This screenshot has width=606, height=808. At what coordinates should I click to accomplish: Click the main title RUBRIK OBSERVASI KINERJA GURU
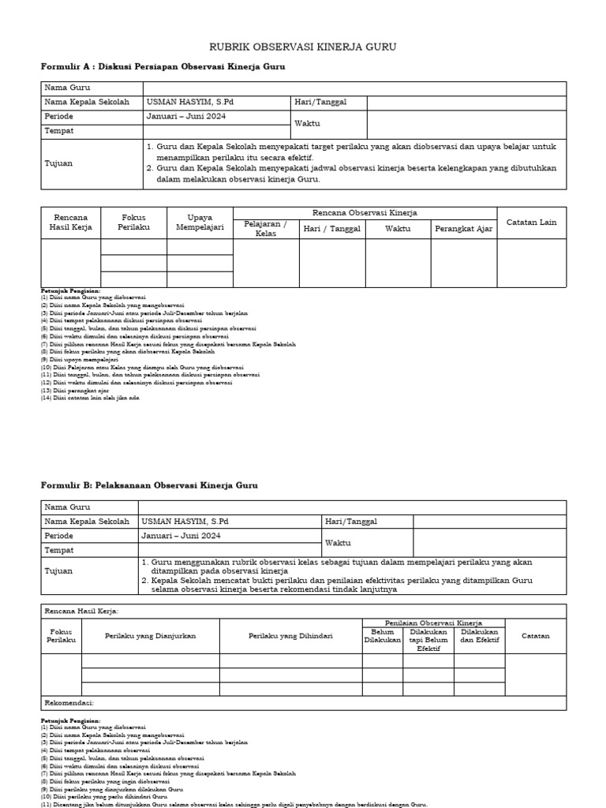[x=302, y=47]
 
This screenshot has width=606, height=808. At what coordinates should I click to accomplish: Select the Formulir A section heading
[x=163, y=66]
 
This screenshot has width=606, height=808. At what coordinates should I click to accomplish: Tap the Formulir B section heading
[x=149, y=485]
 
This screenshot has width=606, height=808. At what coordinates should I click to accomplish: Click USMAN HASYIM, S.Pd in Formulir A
[x=179, y=102]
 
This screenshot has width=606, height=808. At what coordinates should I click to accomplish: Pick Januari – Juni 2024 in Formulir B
[x=181, y=535]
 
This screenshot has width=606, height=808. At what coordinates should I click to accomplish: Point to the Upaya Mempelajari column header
[x=200, y=222]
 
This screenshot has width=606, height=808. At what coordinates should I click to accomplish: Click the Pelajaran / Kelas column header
[x=266, y=229]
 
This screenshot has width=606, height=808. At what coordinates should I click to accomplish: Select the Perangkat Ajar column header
[x=463, y=230]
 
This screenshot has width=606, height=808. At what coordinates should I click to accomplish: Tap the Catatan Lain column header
[x=531, y=223]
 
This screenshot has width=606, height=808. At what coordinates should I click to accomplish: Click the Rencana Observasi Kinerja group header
[x=365, y=213]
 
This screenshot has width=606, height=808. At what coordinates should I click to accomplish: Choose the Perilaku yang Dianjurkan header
[x=150, y=636]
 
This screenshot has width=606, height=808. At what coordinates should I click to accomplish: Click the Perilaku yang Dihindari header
[x=290, y=636]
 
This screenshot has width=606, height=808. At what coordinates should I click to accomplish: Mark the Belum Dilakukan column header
[x=382, y=636]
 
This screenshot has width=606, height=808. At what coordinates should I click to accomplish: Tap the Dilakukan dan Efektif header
[x=480, y=636]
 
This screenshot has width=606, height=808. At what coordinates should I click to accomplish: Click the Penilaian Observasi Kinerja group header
[x=433, y=623]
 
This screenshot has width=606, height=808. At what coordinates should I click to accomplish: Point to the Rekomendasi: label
[x=69, y=702]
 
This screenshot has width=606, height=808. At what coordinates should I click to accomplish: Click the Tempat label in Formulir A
[x=59, y=131]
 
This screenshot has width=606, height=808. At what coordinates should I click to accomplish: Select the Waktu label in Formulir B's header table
[x=337, y=543]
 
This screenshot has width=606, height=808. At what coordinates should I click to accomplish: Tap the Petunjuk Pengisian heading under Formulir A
[x=70, y=291]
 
